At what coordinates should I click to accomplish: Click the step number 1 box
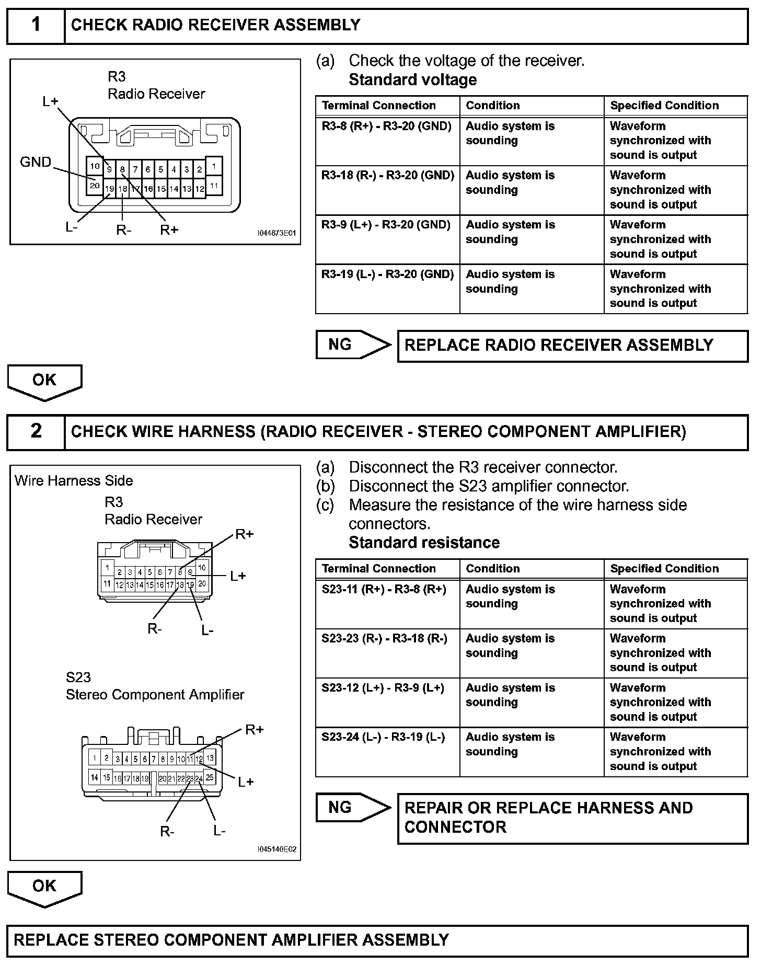36,25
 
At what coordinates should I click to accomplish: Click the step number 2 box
36,431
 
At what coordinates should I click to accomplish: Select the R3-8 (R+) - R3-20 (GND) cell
386,127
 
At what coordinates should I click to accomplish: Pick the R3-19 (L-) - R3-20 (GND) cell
387,274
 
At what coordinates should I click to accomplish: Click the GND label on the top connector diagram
36,162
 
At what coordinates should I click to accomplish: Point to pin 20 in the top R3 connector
95,185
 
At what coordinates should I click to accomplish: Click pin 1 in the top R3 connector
214,166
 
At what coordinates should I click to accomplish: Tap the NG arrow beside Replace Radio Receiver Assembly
353,344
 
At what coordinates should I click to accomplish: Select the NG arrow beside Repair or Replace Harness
353,808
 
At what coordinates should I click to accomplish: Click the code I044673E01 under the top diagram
276,233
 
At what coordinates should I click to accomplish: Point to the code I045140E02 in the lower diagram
276,849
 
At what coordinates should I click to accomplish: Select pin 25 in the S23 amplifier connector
210,777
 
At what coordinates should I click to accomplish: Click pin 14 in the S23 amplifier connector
94,777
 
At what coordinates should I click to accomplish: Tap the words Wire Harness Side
74,481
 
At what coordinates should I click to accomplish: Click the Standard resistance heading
424,543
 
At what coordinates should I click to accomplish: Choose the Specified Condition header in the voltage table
664,106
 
